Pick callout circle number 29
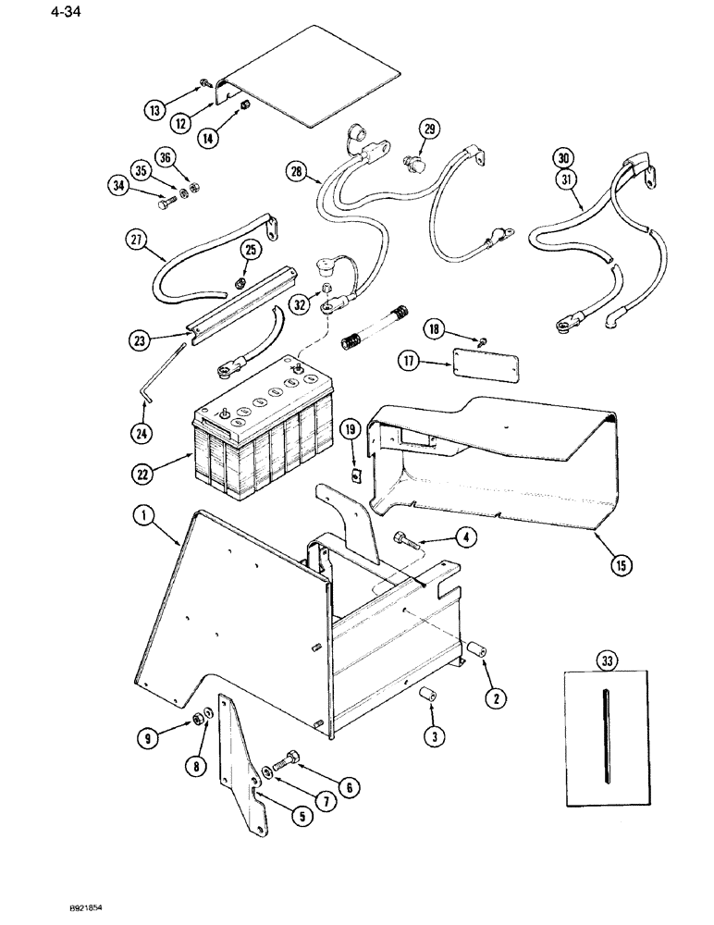[x=428, y=129]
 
